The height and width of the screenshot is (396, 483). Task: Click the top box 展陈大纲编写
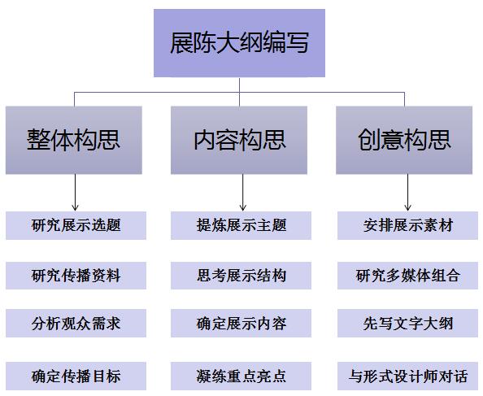tap(239, 43)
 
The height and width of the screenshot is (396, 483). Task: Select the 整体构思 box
tap(74, 140)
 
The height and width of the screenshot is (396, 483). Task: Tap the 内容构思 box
tap(239, 140)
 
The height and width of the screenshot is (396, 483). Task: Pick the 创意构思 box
tap(404, 140)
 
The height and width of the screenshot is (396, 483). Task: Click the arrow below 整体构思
tap(75, 193)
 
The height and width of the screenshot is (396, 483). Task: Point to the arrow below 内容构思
tap(243, 193)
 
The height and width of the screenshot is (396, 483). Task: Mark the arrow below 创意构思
tap(408, 193)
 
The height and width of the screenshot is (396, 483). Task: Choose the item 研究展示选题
tap(76, 225)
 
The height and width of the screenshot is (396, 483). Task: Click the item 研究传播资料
tap(76, 276)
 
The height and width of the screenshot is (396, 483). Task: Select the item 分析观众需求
tap(76, 324)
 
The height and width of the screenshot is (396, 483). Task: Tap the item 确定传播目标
tap(76, 376)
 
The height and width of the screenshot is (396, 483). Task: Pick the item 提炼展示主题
tap(241, 225)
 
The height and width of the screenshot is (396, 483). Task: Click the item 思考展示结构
tap(241, 276)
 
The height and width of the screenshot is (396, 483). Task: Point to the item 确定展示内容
tap(241, 324)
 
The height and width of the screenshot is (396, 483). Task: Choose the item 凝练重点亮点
tap(241, 376)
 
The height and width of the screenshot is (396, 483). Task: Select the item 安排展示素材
tap(408, 225)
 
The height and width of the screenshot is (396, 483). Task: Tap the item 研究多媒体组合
tap(408, 276)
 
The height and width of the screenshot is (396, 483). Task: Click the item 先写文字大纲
tap(408, 324)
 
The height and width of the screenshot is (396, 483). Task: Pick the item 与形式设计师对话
tap(408, 376)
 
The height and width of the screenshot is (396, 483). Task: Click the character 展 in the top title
tap(182, 43)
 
